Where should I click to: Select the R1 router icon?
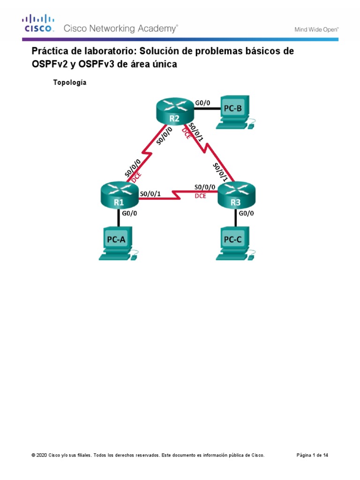[119, 195]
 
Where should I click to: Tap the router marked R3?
[236, 196]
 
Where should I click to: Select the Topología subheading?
[70, 82]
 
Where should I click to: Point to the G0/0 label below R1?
[129, 214]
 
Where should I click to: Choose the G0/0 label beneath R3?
[247, 214]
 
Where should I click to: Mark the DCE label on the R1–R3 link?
[200, 196]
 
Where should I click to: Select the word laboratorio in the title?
[98, 51]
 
